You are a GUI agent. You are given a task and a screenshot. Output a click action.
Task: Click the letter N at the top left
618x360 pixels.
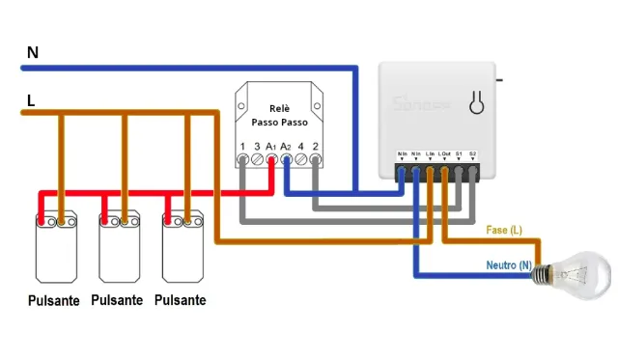(x=32, y=52)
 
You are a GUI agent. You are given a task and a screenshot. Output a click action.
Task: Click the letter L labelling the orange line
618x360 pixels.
(x=32, y=100)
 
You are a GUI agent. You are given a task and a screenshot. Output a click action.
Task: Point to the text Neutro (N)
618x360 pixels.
(x=507, y=264)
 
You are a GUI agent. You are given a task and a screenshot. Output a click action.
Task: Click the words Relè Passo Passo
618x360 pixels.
(x=278, y=116)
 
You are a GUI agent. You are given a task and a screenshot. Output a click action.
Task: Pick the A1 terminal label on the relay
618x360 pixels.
(x=271, y=146)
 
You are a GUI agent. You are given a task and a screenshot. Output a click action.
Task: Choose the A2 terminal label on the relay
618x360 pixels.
(x=286, y=146)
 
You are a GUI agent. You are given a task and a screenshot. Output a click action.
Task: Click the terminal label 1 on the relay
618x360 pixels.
(x=242, y=146)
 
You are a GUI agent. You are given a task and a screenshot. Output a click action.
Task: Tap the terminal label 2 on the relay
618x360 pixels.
(x=316, y=146)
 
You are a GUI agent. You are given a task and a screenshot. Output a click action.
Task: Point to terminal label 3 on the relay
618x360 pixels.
(x=257, y=146)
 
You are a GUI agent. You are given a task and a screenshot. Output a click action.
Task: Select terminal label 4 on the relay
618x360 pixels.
(x=301, y=146)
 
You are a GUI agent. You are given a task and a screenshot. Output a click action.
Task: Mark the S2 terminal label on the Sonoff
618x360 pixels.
(x=473, y=153)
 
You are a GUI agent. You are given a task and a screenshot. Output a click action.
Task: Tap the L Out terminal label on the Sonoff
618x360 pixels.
(x=444, y=153)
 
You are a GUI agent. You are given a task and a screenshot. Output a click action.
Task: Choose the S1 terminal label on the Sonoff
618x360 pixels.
(x=459, y=153)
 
